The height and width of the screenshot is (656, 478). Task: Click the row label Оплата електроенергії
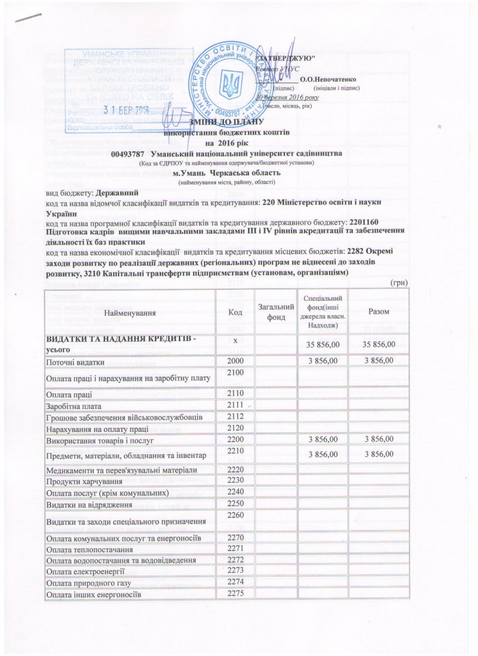[x=83, y=572]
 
